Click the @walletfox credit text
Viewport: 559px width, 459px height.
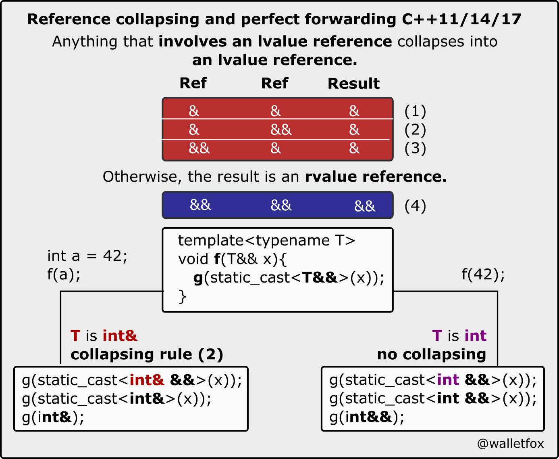[510, 444]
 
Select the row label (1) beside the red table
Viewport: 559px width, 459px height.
[415, 111]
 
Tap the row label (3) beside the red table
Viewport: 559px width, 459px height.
[415, 148]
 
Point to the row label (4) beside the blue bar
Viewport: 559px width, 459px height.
[415, 206]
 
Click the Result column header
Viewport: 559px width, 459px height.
[353, 84]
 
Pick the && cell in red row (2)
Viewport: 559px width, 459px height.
[281, 130]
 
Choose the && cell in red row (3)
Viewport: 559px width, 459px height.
[199, 148]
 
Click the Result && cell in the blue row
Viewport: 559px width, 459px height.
[365, 206]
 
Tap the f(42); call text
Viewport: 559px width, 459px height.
[483, 275]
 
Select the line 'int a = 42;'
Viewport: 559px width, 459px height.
[87, 256]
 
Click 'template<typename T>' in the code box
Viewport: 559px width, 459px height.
[266, 241]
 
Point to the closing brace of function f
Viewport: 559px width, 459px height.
[183, 296]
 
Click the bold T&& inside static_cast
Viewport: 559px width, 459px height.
[320, 278]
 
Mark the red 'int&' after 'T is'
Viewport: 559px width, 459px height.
[120, 336]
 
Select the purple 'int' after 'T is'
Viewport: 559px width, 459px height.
[476, 336]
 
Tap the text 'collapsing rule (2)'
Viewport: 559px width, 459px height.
[147, 354]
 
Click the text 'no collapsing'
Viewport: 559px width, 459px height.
[432, 354]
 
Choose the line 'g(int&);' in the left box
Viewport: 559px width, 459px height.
[53, 417]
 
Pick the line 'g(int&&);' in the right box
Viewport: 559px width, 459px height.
[367, 417]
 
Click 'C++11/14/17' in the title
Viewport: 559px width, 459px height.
[461, 19]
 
